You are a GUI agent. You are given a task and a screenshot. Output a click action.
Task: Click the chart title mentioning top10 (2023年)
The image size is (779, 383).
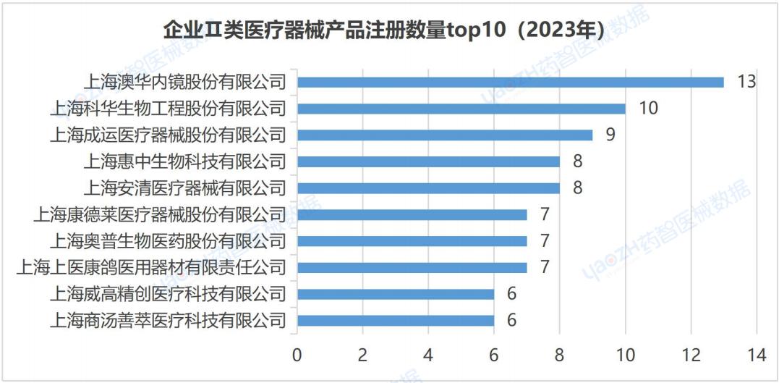[383, 31]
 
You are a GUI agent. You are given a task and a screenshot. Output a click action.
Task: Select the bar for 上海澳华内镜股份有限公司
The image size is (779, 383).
[510, 82]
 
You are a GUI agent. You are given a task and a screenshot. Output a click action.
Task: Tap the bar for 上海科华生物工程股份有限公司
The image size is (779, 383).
[461, 109]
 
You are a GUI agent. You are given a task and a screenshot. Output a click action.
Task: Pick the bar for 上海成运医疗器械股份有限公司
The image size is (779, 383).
[444, 135]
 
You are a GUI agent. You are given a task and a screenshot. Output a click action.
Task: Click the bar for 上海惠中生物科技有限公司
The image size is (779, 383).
[428, 161]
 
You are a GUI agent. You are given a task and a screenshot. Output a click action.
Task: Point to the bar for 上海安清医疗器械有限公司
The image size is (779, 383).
[428, 188]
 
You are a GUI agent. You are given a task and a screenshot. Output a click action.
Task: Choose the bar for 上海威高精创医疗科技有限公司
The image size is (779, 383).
[395, 294]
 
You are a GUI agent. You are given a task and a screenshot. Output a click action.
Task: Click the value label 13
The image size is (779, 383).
[746, 81]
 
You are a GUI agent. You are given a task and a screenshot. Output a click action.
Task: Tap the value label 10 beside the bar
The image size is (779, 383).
[648, 109]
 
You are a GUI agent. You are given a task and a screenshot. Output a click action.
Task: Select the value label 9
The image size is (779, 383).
[610, 135]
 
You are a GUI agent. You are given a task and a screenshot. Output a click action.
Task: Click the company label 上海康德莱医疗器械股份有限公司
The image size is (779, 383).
[160, 214]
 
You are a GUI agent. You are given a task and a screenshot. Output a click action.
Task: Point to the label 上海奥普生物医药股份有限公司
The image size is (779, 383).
[168, 241]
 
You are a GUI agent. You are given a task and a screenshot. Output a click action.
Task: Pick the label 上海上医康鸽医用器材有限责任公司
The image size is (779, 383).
[151, 268]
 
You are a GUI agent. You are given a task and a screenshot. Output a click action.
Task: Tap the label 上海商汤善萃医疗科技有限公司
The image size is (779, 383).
[168, 320]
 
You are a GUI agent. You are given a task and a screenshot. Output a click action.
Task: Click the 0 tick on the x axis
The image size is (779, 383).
[297, 355]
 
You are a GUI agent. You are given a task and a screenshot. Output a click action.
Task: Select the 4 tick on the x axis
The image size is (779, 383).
[428, 355]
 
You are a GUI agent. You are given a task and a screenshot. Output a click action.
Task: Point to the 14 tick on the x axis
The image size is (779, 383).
[756, 355]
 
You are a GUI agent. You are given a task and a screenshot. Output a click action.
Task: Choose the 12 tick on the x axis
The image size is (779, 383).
[691, 355]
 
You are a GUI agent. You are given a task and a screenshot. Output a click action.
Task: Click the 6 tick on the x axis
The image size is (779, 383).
[494, 355]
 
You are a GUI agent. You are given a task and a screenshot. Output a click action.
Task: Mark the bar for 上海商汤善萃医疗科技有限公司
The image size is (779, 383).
[395, 320]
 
